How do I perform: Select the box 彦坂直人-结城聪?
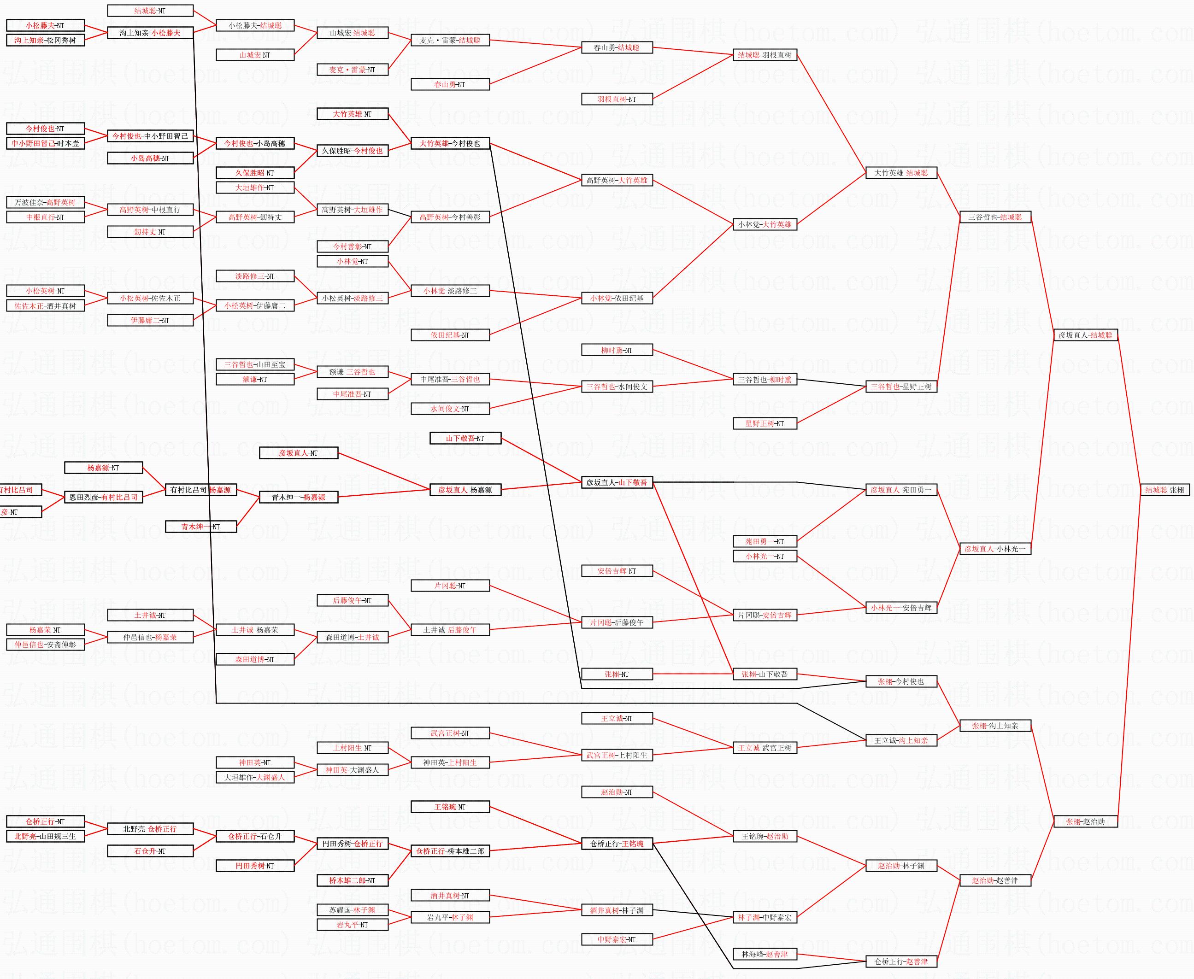pos(1085,335)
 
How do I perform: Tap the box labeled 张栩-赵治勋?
pos(1085,821)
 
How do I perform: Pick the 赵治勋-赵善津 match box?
pos(995,880)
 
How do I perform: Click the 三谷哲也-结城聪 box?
pos(995,217)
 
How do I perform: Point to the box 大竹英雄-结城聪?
pos(901,173)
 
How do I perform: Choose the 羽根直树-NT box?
pos(617,99)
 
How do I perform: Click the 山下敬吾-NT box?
pos(465,438)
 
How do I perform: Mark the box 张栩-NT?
pos(617,674)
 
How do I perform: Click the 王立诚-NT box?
pos(617,718)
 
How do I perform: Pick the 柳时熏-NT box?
pos(617,350)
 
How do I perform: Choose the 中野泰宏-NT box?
pos(617,939)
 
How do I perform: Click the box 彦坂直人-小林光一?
pos(995,549)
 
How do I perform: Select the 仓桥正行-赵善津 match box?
pos(901,961)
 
